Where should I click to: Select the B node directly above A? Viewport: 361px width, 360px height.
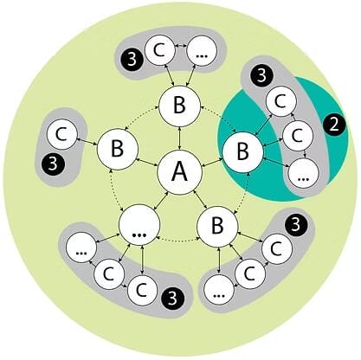[179, 107]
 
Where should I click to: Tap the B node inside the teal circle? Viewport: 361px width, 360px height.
[243, 151]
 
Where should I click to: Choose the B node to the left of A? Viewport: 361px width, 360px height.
[116, 147]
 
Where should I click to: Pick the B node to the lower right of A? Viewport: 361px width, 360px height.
[216, 227]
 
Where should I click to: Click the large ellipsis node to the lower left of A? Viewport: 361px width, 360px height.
[140, 227]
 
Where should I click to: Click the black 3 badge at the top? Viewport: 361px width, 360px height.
[131, 61]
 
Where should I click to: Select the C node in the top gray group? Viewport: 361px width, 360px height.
[159, 50]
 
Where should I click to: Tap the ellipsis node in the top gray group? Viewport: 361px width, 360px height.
[201, 50]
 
